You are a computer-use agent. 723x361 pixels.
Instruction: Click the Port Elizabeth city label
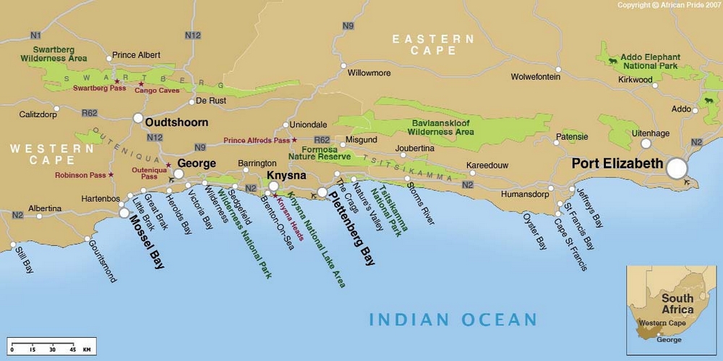click(x=617, y=163)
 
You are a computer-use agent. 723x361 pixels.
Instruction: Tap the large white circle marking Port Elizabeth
click(x=677, y=169)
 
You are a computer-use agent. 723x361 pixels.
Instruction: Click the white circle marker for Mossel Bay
click(x=124, y=213)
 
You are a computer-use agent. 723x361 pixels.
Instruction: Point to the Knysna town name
click(x=286, y=176)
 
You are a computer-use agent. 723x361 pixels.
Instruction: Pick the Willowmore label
click(x=369, y=73)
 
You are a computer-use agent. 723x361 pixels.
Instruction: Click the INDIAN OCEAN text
click(x=453, y=319)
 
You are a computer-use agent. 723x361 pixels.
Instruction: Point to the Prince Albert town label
click(x=137, y=56)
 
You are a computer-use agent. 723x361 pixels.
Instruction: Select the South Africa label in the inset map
click(x=677, y=304)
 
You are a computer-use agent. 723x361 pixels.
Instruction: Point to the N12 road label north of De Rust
click(x=192, y=35)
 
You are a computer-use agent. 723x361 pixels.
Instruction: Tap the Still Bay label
click(x=23, y=259)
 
